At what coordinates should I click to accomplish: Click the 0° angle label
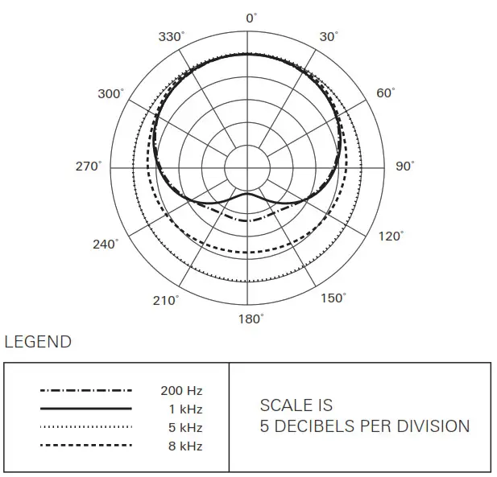coord(251,17)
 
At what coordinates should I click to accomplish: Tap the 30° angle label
coord(329,37)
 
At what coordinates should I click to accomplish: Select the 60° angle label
coord(386,93)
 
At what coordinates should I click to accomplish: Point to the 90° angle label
coord(405,167)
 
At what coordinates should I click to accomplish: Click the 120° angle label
coord(390,237)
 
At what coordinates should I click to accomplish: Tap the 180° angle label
coord(251,319)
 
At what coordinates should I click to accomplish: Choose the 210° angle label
coord(167,300)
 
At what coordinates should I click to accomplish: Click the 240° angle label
coord(106,244)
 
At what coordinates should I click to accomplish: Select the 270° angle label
coord(89,167)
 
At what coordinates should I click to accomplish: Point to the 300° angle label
coord(110,94)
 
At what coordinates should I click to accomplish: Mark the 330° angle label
coord(171,37)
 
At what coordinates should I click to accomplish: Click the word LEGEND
coord(38,342)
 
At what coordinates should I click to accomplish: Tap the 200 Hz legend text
coord(182,391)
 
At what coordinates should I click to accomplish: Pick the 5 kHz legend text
coord(185,427)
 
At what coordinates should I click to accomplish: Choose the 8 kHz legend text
coord(185,446)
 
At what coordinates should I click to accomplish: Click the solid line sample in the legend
coord(85,409)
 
